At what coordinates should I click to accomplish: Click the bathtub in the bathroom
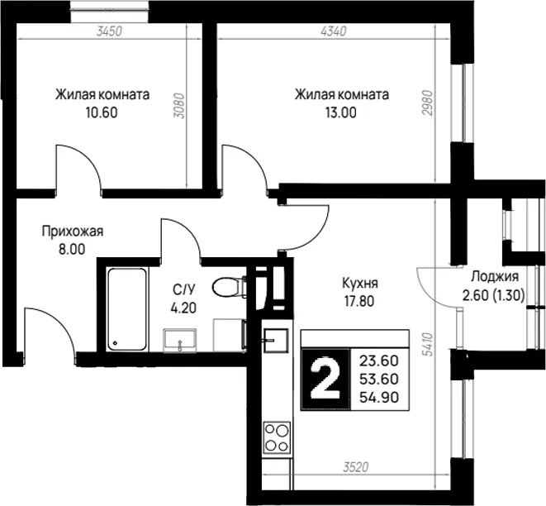coord(126,309)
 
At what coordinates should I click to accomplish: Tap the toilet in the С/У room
coord(229,287)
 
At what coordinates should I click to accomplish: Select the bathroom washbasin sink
coord(180,340)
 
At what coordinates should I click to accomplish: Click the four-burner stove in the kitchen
coord(277,437)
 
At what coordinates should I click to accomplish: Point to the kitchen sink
coord(276,341)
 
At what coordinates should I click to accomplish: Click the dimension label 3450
coord(109,31)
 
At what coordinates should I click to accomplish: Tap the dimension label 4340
coord(334,31)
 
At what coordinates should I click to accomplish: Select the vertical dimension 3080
coord(179,105)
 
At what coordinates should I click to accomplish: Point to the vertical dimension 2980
coord(427,103)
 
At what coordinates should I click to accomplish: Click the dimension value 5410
coord(427,344)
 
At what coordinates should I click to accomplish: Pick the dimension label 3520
coord(355,467)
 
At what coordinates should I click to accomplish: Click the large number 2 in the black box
coord(325,378)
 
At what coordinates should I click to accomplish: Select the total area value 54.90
coord(379,397)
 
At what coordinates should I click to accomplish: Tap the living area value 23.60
coord(379,361)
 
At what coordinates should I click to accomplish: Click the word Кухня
coord(360,283)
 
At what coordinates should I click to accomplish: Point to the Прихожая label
coord(73,232)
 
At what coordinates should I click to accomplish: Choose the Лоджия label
coord(495,277)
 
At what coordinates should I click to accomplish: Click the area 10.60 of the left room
coord(102,112)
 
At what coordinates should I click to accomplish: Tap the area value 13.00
coord(341,112)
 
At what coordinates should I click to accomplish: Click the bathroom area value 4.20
coord(183,308)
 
